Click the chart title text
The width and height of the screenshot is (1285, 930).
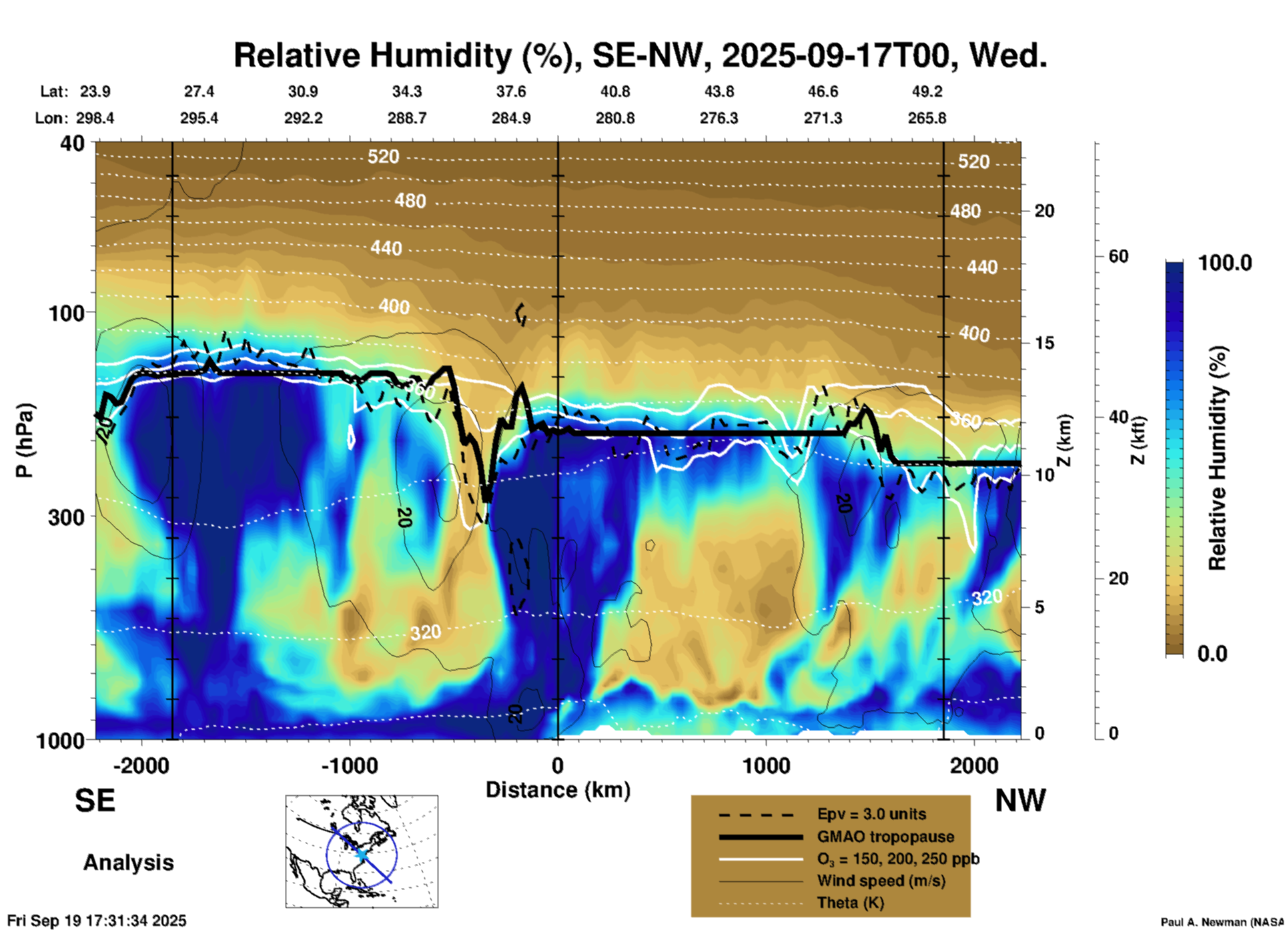(x=640, y=55)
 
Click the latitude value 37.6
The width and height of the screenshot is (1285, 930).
(x=510, y=91)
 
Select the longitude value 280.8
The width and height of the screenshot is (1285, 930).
(x=614, y=118)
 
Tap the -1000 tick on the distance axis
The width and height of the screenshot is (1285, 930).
(x=350, y=765)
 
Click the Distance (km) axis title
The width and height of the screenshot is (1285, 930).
(x=558, y=790)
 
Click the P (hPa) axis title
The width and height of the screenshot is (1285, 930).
(x=24, y=440)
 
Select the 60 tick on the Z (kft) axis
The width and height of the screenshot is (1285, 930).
(x=1118, y=256)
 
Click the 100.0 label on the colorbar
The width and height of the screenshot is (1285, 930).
(x=1225, y=263)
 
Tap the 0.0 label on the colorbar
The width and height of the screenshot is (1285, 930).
(x=1212, y=653)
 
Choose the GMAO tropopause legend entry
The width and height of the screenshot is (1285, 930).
(x=885, y=837)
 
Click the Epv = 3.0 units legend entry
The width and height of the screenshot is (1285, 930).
(x=871, y=814)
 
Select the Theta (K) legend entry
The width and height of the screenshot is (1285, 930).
(x=850, y=903)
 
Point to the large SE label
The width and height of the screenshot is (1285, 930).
(x=95, y=801)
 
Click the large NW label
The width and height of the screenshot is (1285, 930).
(x=1020, y=801)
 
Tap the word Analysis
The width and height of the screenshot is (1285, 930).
(x=128, y=863)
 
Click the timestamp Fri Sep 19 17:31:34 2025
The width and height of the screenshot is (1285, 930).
(x=97, y=921)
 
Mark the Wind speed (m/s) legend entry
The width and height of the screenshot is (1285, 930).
(x=881, y=881)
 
